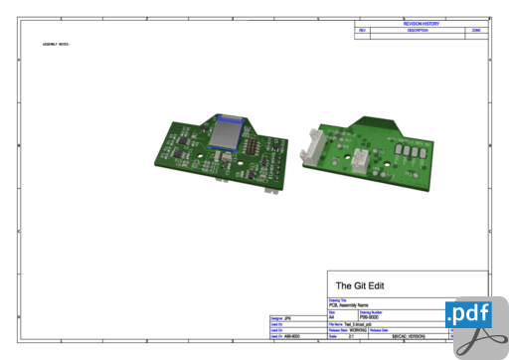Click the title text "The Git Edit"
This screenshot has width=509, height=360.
360,285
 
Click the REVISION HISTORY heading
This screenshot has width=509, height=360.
422,22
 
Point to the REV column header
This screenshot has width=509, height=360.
363,31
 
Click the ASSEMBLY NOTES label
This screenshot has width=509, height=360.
56,45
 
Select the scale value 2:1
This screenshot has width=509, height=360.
351,337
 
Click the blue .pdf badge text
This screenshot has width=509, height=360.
468,314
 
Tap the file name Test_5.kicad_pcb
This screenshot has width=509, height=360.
356,323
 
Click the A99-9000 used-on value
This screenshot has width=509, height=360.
292,337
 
